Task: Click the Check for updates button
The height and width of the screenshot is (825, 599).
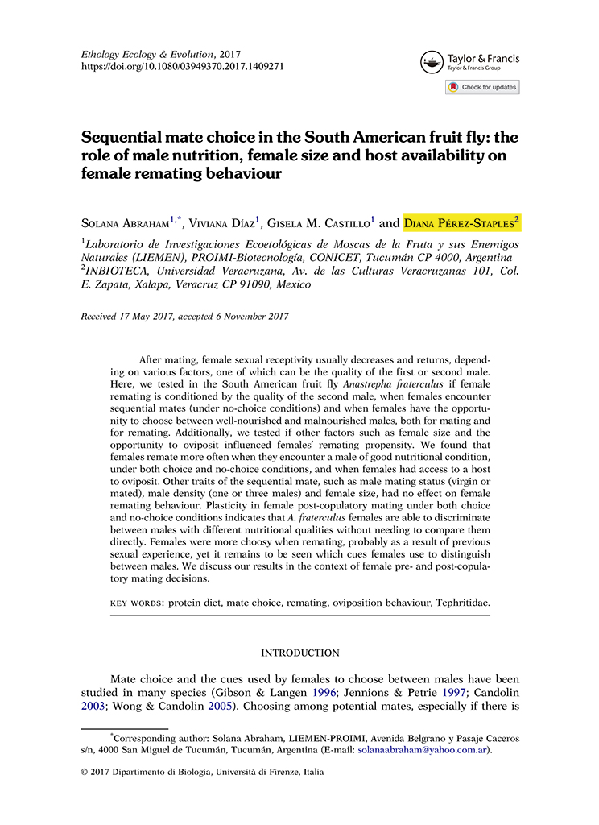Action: click(482, 87)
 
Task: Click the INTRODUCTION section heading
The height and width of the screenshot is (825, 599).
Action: click(299, 653)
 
